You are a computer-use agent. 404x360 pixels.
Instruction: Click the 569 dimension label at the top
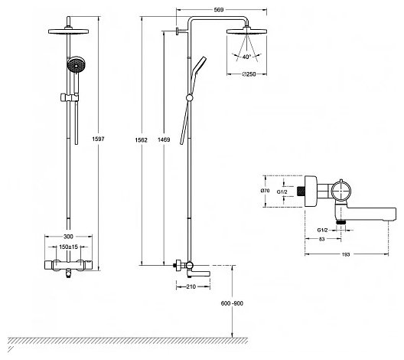click(219, 10)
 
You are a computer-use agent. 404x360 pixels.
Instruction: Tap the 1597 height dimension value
click(98, 139)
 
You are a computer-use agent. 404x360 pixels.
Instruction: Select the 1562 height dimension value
click(142, 139)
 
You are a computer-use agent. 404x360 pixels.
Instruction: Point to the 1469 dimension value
click(164, 139)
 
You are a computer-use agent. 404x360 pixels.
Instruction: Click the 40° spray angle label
click(246, 57)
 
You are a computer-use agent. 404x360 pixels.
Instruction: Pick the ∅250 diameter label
click(249, 74)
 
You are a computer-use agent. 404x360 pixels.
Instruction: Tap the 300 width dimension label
click(68, 237)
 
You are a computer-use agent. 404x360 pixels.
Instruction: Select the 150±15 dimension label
click(68, 247)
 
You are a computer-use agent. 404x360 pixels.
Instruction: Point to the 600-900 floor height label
click(232, 303)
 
